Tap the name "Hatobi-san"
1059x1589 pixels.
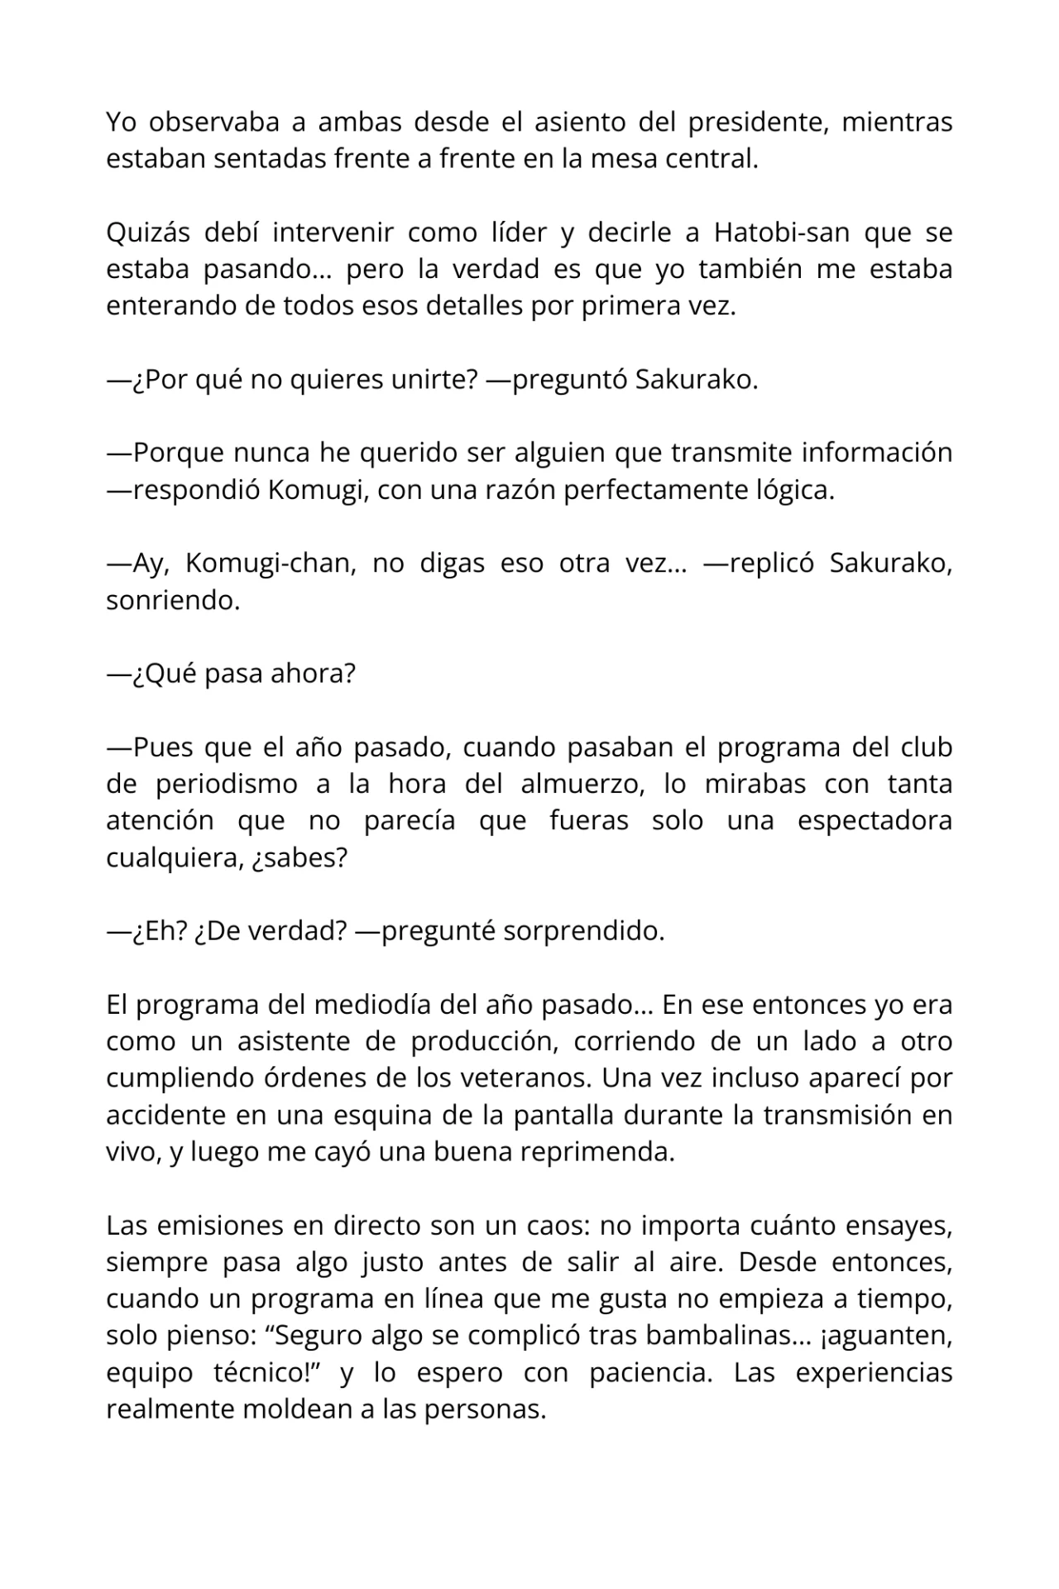point(781,233)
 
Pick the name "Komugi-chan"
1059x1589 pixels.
point(270,563)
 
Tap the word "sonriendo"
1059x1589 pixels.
point(171,600)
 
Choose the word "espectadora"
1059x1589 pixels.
point(875,820)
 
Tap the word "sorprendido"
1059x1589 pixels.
point(582,931)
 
